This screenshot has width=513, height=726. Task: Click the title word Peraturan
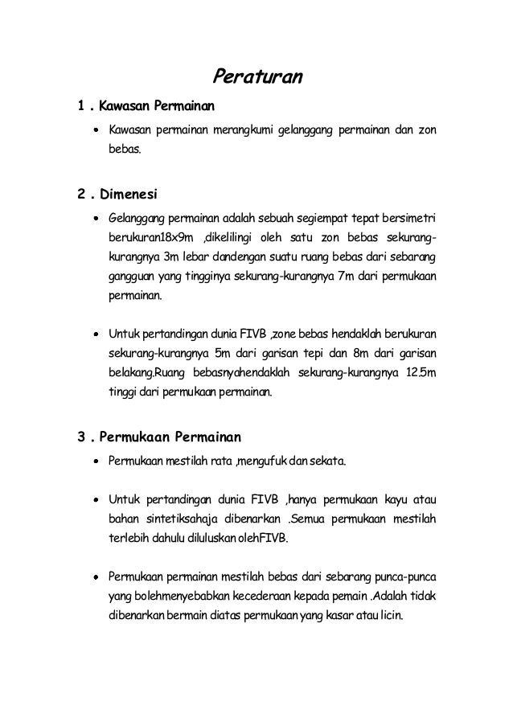coord(256,77)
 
